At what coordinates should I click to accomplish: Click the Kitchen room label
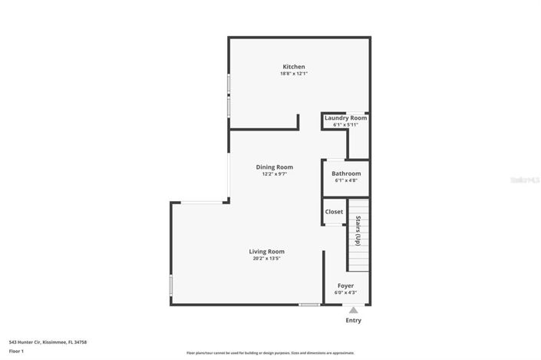click(x=294, y=67)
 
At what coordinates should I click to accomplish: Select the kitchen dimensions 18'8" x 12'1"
click(x=294, y=74)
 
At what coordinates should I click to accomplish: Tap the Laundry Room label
click(x=345, y=117)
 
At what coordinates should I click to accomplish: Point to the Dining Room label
click(x=274, y=167)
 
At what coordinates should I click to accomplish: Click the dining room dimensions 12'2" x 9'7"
click(x=274, y=174)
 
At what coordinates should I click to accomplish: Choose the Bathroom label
click(x=346, y=173)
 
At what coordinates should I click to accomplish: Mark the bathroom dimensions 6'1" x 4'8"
click(x=346, y=181)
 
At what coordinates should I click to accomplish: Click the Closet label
click(x=334, y=211)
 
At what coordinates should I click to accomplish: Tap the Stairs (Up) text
click(x=358, y=230)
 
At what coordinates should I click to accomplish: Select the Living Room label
click(x=266, y=251)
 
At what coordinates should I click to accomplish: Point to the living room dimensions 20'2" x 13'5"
click(x=266, y=259)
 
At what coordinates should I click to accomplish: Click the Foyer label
click(x=345, y=286)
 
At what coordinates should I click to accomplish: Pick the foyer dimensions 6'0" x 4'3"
click(x=345, y=293)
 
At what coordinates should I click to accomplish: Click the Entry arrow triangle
click(x=353, y=310)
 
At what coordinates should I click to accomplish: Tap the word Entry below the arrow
click(x=353, y=320)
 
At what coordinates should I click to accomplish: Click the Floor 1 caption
click(x=16, y=351)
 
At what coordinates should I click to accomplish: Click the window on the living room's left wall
click(x=170, y=286)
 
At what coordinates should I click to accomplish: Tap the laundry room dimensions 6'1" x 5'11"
click(x=345, y=125)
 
